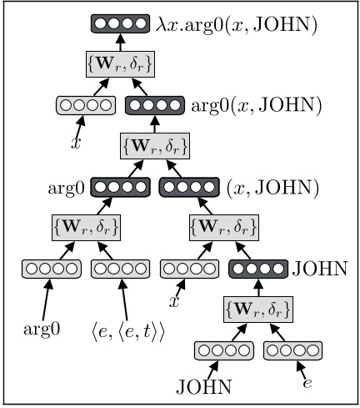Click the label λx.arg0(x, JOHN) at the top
point(249,26)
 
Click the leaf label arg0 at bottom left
point(40,328)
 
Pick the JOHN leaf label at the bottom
point(204,386)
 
